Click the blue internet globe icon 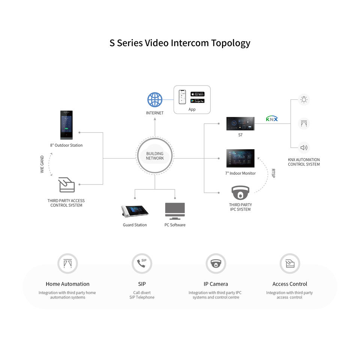[155, 100]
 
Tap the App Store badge [197, 94]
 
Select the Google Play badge [197, 101]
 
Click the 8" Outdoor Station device [66, 125]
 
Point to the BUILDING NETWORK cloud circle [155, 156]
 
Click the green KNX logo [272, 119]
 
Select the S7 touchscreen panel [240, 123]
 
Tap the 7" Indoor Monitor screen [240, 158]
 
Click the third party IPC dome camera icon [240, 193]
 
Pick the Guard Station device [135, 211]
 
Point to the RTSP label [273, 173]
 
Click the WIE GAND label [42, 164]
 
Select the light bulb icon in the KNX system [304, 100]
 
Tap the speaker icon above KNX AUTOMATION [304, 147]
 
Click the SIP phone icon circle [142, 263]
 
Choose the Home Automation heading [67, 284]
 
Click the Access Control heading [289, 284]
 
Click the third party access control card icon [67, 185]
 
